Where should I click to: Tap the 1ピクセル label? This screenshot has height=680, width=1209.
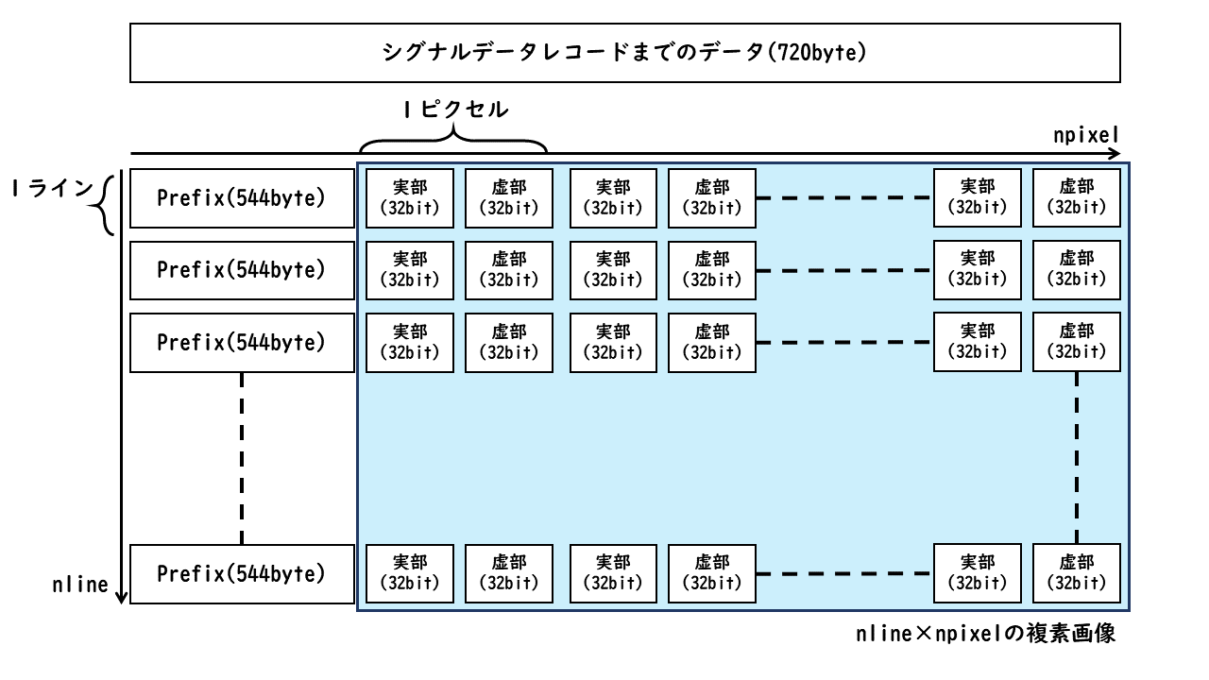[x=456, y=110]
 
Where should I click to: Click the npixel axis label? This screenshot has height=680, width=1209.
[x=1086, y=135]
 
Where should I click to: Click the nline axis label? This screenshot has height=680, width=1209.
[x=80, y=585]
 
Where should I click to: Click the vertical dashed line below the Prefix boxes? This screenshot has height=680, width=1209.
[x=241, y=458]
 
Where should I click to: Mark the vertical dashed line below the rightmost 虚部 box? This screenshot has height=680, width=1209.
[x=1077, y=458]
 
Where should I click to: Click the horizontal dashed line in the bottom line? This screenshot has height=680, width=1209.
[x=844, y=573]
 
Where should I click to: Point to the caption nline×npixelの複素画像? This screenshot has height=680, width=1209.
[x=985, y=634]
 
